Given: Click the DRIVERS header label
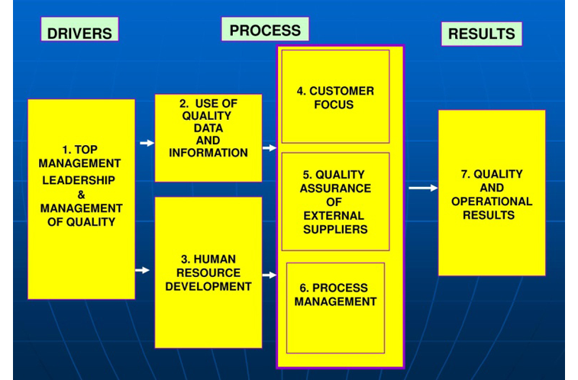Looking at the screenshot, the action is click(79, 29).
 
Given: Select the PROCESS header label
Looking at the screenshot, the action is click(265, 29).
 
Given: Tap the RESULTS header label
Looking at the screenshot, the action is click(482, 34).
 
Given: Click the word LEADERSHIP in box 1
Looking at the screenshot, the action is click(79, 180).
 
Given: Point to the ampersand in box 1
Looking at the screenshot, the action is click(82, 195).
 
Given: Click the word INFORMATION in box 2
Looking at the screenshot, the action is click(208, 153).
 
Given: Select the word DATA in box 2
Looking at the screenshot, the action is click(208, 127).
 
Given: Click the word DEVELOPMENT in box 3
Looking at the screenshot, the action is click(208, 286).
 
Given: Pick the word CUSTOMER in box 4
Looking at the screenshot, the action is click(342, 91).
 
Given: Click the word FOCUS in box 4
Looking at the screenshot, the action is click(334, 105).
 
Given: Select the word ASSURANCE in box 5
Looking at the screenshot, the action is click(335, 188).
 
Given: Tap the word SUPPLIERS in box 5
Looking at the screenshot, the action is click(335, 229).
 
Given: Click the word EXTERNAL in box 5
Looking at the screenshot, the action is click(334, 215).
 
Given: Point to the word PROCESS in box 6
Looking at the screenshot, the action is click(341, 288).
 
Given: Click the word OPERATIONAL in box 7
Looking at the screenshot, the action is click(492, 201).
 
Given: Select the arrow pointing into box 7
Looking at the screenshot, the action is click(423, 188).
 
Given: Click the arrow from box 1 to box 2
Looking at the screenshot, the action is click(147, 143).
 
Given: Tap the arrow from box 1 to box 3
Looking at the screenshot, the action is click(142, 270).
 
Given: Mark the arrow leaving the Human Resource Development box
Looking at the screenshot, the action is click(270, 275).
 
